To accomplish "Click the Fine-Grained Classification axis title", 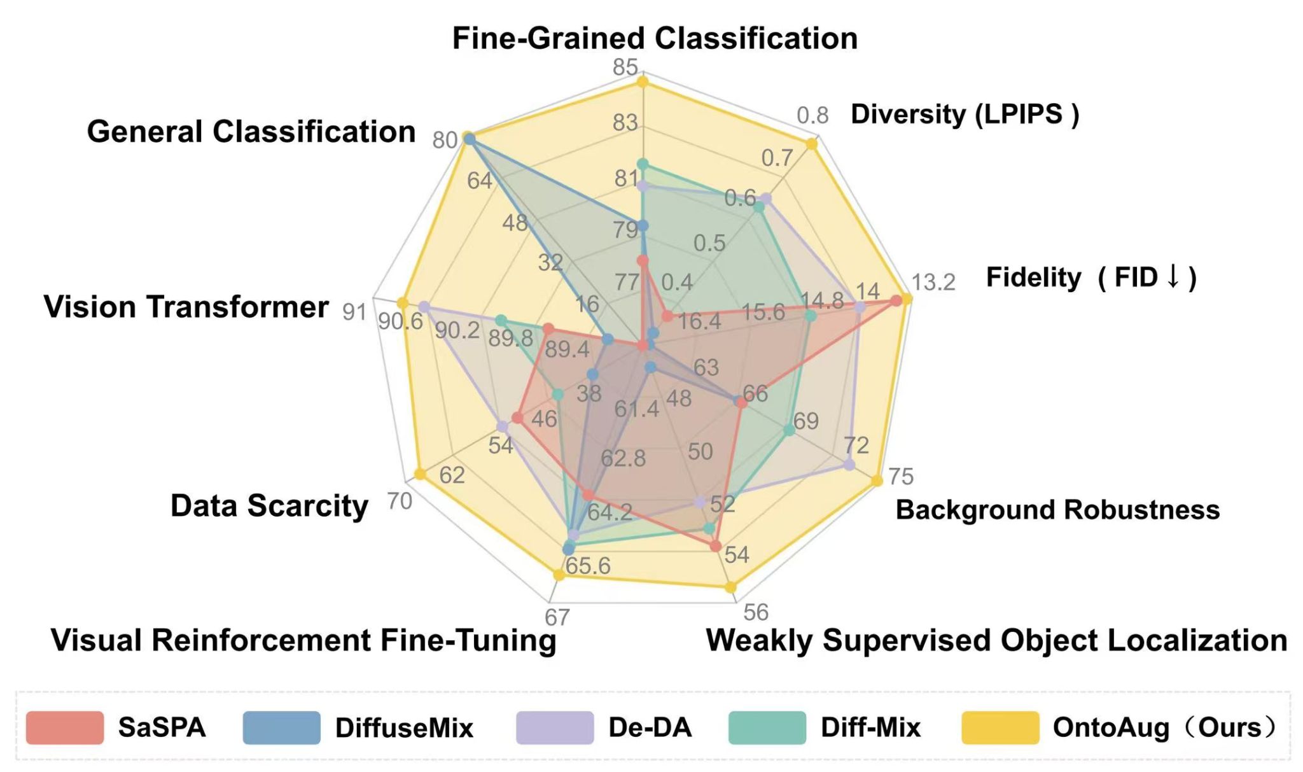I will (x=655, y=38).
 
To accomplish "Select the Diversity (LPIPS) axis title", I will (x=965, y=115).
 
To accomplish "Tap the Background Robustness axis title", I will (x=1057, y=510).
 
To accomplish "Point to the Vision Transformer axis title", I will (x=186, y=307).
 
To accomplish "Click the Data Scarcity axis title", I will (x=269, y=507).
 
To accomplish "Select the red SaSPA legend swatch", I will (x=64, y=727).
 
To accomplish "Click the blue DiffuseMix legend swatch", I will (x=281, y=727).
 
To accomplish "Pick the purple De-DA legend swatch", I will (x=554, y=727).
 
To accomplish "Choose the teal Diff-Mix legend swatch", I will (x=767, y=727).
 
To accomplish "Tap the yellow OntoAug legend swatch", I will (x=1000, y=727).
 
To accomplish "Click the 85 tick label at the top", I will (x=625, y=67).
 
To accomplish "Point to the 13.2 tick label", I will (x=933, y=282).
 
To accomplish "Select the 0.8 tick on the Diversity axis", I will (x=812, y=115).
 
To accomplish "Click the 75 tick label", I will (x=901, y=476).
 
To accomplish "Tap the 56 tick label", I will (x=756, y=612).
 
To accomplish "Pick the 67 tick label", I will (x=557, y=617).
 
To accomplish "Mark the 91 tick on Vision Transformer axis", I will (x=354, y=312).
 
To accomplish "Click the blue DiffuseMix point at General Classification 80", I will (x=469, y=138).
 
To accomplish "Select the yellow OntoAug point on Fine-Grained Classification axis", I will (x=643, y=81).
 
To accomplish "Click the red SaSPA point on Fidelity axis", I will (x=896, y=301).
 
